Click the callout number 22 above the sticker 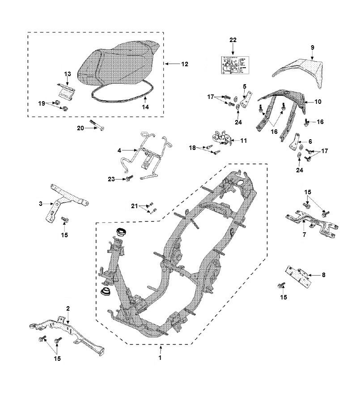(233, 40)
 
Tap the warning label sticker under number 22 (233, 66)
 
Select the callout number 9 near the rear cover (312, 47)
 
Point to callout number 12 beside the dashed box (184, 64)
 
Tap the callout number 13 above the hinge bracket (68, 73)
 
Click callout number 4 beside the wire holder (119, 150)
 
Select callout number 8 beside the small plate (324, 275)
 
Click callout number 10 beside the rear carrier (317, 102)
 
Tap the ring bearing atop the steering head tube (120, 232)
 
